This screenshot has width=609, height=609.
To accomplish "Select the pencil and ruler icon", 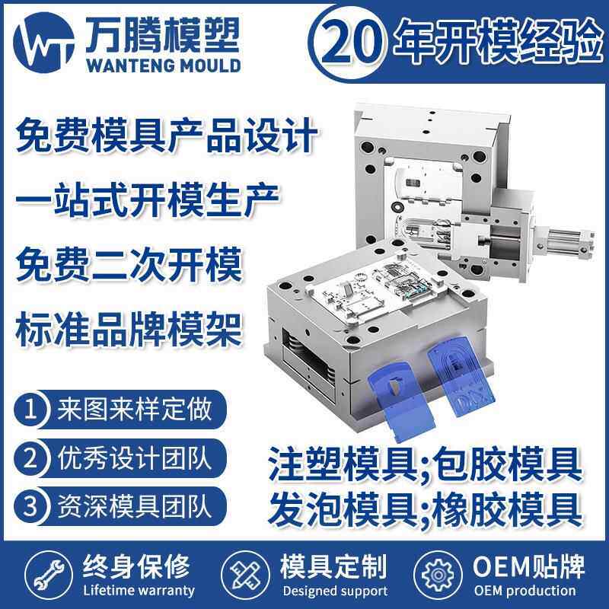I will tap(241, 576).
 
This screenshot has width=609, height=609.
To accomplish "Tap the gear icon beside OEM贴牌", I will tap(437, 576).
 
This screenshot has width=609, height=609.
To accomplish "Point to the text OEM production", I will tap(525, 591).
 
